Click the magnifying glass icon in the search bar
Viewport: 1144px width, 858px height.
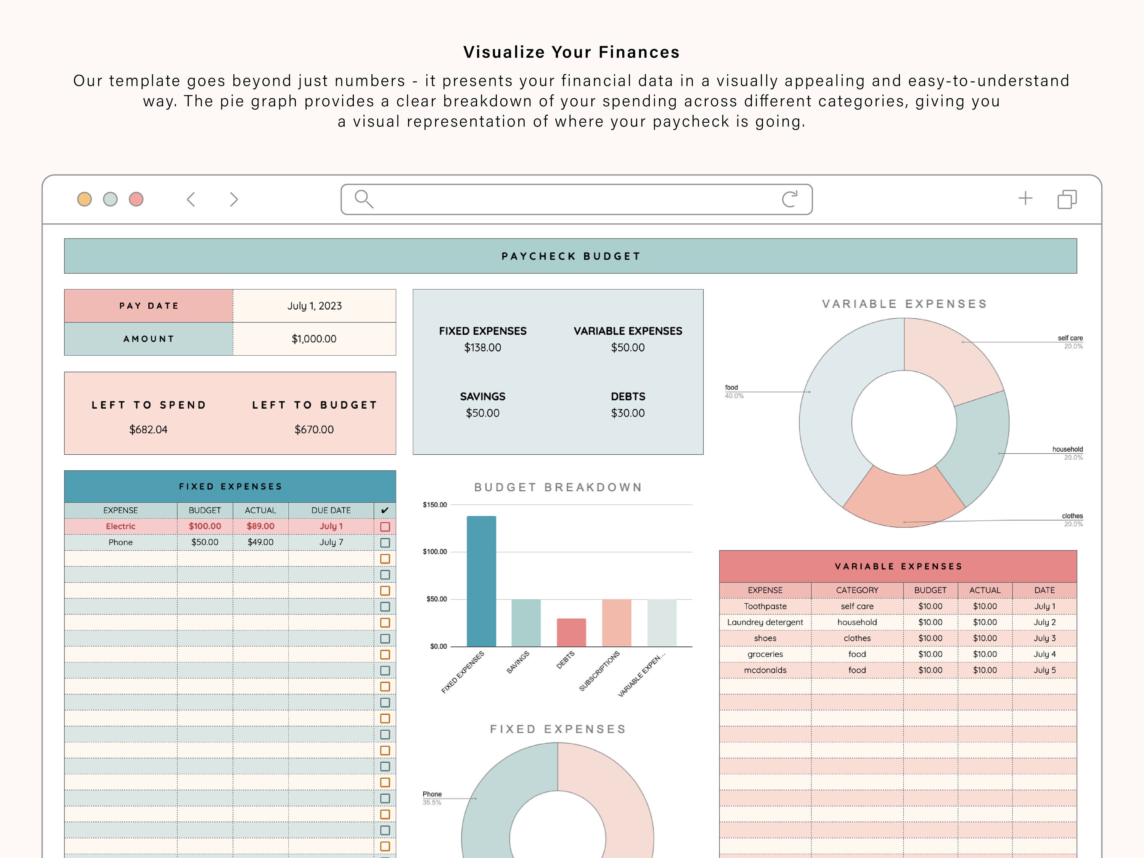tap(363, 199)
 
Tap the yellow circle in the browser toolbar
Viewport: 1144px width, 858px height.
tap(84, 199)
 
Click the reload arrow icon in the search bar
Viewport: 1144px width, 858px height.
tap(790, 199)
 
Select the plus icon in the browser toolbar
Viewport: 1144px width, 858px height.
tap(1025, 199)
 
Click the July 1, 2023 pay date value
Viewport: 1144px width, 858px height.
tap(315, 306)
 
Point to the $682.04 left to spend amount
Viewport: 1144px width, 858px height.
tap(148, 430)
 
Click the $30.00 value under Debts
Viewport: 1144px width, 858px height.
tap(627, 413)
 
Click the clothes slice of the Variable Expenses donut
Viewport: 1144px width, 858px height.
tap(904, 499)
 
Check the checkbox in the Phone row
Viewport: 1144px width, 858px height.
tap(385, 543)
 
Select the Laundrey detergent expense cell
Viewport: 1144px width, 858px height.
tap(765, 622)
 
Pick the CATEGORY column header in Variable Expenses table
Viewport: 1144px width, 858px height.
tap(857, 590)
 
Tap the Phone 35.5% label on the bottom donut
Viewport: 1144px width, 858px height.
tap(432, 798)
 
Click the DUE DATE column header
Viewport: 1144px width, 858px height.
tap(331, 510)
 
